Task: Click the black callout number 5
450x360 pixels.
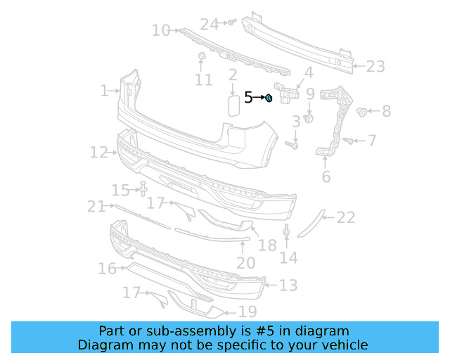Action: pyautogui.click(x=248, y=98)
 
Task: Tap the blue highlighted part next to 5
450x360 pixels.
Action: pyautogui.click(x=269, y=98)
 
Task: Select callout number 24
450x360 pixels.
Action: pyautogui.click(x=210, y=24)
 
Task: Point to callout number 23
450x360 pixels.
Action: pyautogui.click(x=375, y=67)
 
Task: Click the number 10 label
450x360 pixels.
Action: pyautogui.click(x=161, y=30)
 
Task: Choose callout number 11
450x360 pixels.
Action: pyautogui.click(x=203, y=80)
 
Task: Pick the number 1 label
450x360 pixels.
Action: pyautogui.click(x=104, y=90)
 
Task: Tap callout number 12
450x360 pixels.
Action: pyautogui.click(x=98, y=151)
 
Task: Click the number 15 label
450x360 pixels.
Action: pyautogui.click(x=121, y=190)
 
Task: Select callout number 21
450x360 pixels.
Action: pyautogui.click(x=96, y=206)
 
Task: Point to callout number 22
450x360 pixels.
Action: pyautogui.click(x=346, y=218)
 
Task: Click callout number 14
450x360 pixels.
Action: pyautogui.click(x=288, y=257)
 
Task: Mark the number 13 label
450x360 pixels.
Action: pyautogui.click(x=288, y=285)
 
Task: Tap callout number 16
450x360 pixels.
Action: pyautogui.click(x=107, y=269)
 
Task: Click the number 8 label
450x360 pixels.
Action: pyautogui.click(x=386, y=111)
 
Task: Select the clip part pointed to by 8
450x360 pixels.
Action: pyautogui.click(x=363, y=111)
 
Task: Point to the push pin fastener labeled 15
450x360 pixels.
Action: pyautogui.click(x=143, y=188)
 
